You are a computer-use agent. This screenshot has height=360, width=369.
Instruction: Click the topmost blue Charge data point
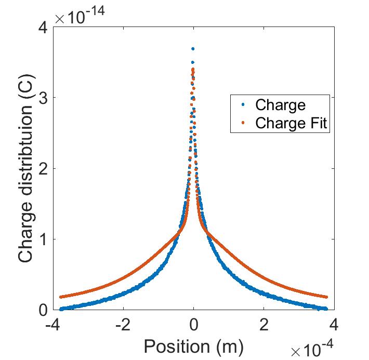point(193,49)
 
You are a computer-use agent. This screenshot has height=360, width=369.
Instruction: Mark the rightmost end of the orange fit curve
point(326,297)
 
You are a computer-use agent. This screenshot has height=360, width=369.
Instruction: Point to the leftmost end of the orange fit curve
point(60,297)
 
